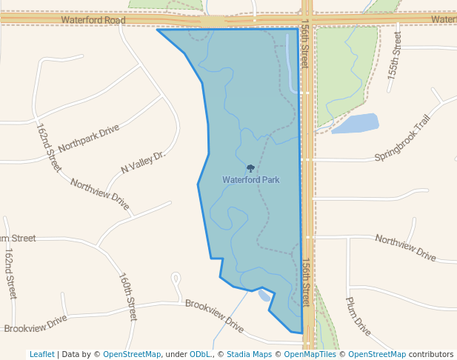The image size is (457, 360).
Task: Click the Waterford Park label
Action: (x=250, y=180)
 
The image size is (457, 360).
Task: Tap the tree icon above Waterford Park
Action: (x=250, y=169)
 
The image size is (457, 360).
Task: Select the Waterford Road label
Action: (x=94, y=20)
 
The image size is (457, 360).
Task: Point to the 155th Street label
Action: (x=394, y=57)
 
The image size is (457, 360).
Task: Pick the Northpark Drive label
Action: (x=88, y=137)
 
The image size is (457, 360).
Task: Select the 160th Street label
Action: (x=127, y=296)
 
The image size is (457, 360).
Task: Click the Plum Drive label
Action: (x=358, y=316)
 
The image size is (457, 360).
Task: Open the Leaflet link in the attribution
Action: (x=42, y=354)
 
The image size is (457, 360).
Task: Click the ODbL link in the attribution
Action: (x=201, y=354)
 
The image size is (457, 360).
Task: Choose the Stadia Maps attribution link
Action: (x=249, y=354)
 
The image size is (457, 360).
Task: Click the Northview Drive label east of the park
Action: (x=405, y=247)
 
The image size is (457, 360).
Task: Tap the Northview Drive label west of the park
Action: (x=99, y=193)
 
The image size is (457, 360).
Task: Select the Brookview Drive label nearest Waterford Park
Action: (x=214, y=315)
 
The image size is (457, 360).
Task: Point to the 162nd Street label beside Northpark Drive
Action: (x=49, y=147)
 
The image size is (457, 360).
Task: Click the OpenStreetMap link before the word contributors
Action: (x=376, y=354)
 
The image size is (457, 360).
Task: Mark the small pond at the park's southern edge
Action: (x=264, y=296)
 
